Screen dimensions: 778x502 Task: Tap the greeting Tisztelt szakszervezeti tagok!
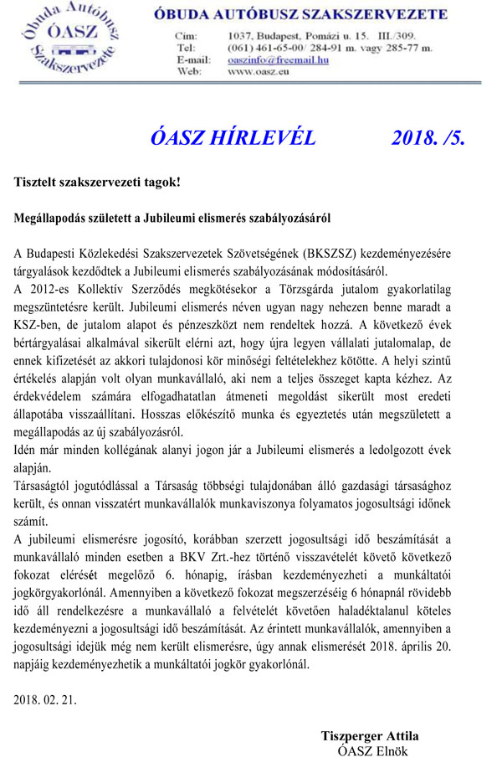click(x=97, y=182)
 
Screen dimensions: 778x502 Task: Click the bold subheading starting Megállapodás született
click(x=172, y=218)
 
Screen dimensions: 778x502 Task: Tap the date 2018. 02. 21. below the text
click(x=45, y=700)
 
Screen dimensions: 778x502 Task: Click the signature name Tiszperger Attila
click(x=370, y=736)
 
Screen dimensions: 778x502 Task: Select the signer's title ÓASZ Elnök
click(x=371, y=751)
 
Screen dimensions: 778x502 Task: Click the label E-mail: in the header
click(x=193, y=60)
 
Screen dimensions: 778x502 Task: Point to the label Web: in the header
click(x=188, y=72)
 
